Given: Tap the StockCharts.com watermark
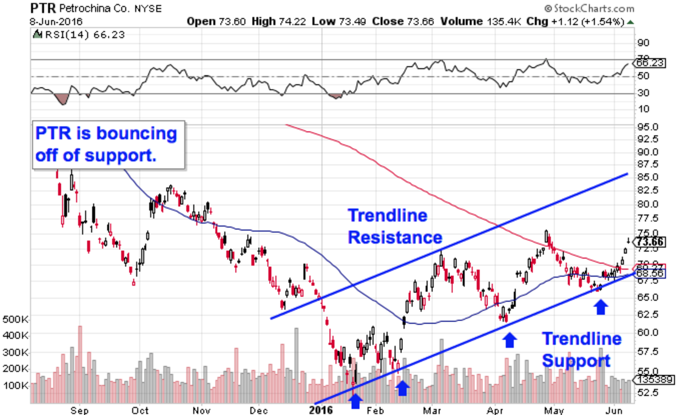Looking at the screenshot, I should pos(588,9).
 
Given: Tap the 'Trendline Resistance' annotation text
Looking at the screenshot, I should pos(395,226).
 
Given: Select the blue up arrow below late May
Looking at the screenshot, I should pos(600,307).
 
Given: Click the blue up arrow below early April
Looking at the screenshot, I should pos(510,339).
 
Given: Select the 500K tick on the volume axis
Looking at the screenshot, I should pos(15,319).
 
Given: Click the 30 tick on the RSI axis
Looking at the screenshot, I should pos(644,93).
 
